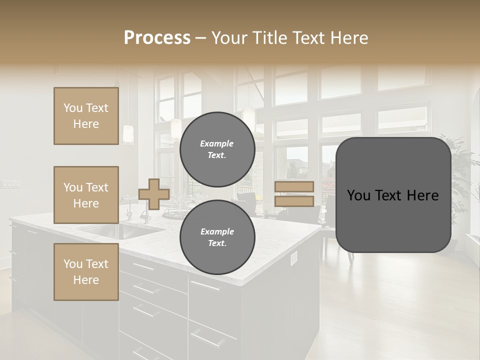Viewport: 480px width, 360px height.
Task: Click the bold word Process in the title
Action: coord(157,38)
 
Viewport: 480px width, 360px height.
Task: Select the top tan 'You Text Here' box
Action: coord(86,116)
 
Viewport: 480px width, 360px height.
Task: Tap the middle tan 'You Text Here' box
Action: coord(86,195)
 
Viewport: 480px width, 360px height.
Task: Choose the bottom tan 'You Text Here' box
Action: coord(86,272)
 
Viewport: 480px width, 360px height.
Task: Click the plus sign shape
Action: coord(153,194)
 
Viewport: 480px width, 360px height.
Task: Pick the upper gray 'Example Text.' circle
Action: coord(217,149)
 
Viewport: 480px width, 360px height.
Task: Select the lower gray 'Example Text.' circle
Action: coord(217,237)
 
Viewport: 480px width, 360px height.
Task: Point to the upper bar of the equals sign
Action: coord(294,187)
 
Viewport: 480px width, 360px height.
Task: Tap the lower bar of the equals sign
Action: coord(294,201)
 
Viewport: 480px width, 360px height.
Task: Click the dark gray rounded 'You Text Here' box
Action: coord(393,195)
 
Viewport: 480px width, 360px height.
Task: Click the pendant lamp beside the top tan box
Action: coord(128,134)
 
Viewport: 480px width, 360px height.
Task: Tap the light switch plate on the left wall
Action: coord(10,184)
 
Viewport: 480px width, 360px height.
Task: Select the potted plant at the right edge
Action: coord(462,180)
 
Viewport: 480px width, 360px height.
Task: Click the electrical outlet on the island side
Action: coord(294,257)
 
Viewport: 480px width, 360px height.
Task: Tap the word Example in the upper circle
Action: coord(216,143)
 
